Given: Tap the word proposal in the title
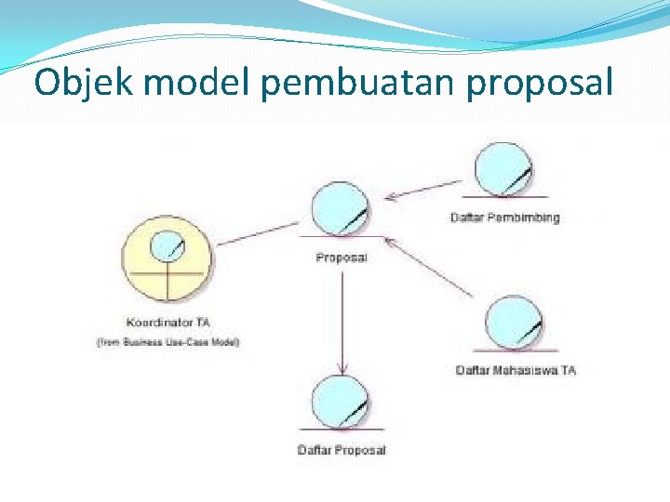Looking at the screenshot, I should [x=540, y=85].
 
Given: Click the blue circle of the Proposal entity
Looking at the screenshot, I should [x=340, y=209].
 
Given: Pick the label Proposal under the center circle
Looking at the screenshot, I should [x=342, y=258].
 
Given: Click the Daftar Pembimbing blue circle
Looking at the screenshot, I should [x=503, y=168].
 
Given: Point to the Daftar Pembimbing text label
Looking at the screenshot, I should [x=505, y=218].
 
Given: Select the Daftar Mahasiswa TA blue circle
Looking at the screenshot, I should [x=516, y=323].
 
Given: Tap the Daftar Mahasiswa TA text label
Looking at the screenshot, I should [x=516, y=370].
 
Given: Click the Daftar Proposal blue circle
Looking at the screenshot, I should [x=341, y=401].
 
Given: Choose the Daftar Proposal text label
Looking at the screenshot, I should [x=342, y=451].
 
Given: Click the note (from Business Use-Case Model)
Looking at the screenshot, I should [x=168, y=342].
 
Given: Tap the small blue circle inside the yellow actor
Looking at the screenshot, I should [x=167, y=244].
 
